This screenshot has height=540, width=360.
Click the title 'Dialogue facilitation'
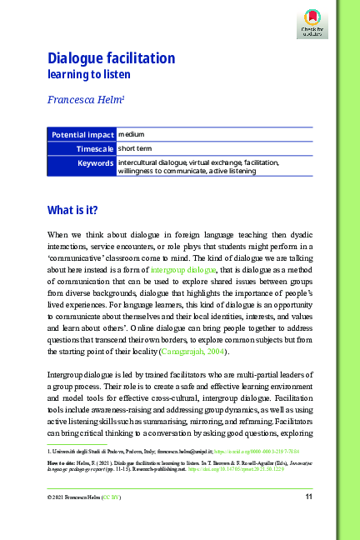pos(111,58)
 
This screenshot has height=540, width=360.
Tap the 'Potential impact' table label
pos(82,134)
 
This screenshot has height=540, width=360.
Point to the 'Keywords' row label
pos(95,163)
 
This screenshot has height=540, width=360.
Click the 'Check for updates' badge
pos(311,24)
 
